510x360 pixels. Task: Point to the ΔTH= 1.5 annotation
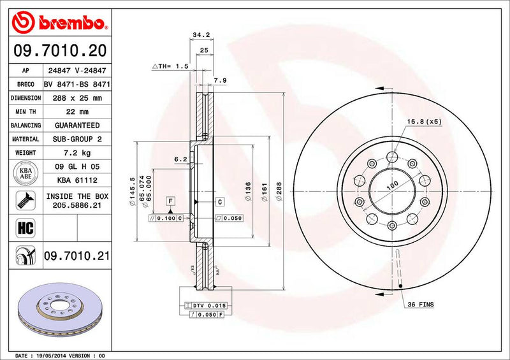point(170,66)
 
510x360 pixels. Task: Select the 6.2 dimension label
point(180,159)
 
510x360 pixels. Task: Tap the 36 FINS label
point(421,305)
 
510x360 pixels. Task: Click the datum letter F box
point(171,202)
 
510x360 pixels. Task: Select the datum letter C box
point(219,202)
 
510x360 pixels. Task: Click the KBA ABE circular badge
point(25,173)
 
